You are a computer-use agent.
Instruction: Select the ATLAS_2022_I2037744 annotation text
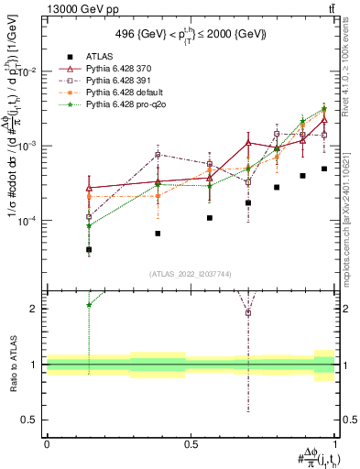point(191,273)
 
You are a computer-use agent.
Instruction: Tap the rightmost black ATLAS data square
point(324,169)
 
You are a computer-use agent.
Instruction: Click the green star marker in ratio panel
point(89,305)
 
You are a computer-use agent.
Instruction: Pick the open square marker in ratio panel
point(247,313)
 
